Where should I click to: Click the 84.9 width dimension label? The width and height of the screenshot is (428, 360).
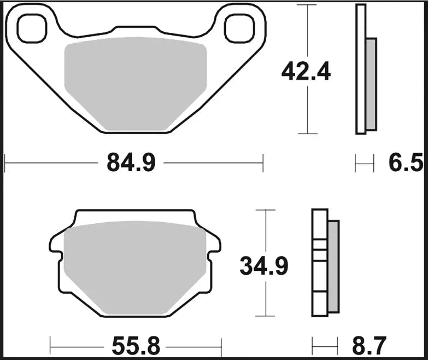click(132, 162)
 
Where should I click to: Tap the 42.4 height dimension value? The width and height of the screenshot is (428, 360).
click(306, 71)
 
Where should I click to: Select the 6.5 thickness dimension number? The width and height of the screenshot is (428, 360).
click(406, 162)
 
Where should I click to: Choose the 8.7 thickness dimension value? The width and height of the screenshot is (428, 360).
click(367, 346)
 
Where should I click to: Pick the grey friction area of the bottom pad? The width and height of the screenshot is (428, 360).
click(135, 268)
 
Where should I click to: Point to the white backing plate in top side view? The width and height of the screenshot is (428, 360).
click(360, 69)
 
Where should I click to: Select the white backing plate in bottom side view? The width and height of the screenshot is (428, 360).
click(320, 263)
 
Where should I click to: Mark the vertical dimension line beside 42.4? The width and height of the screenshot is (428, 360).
click(309, 33)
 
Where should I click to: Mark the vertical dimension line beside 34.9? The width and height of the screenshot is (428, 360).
click(266, 230)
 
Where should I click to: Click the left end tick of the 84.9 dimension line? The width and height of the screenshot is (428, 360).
click(4, 162)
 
